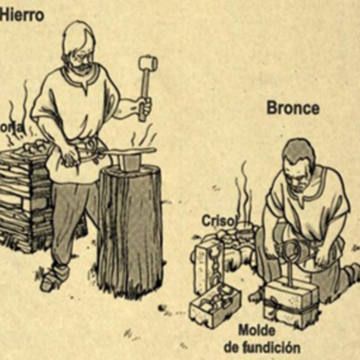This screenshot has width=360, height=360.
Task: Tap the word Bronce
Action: point(292,109)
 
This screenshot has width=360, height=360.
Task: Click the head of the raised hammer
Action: point(147,64)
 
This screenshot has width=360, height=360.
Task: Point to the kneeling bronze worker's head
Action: point(296,162)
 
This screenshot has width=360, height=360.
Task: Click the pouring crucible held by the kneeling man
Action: point(286,248)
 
